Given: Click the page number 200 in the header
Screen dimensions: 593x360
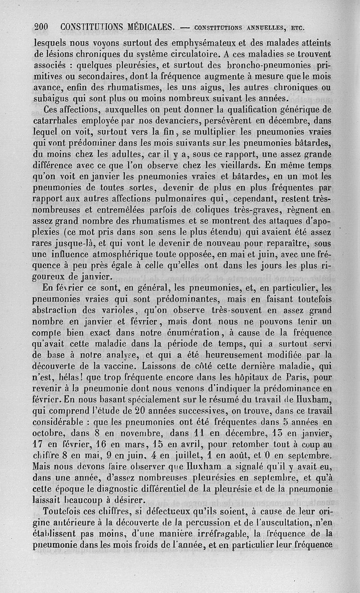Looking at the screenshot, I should point(44,27).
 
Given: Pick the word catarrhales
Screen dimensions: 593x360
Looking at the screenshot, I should point(58,121).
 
